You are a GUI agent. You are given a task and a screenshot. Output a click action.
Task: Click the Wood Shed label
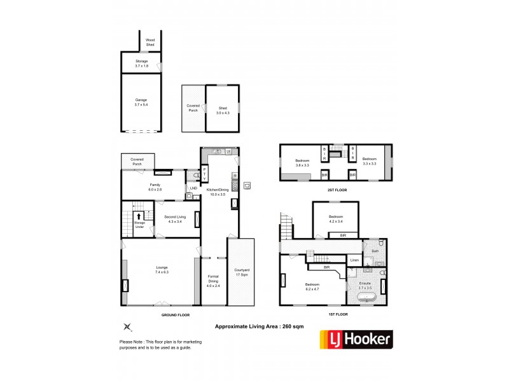pos(150,42)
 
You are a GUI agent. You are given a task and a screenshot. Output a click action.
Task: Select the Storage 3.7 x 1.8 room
pos(141,63)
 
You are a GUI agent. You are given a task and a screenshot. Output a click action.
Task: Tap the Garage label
pos(141,102)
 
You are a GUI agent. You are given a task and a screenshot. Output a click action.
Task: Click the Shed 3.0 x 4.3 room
pos(223,110)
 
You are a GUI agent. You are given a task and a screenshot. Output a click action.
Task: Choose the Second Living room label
pos(174,219)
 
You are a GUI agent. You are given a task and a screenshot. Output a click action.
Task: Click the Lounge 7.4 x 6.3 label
pos(162,270)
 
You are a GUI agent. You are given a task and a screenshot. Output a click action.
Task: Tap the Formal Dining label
pos(213,281)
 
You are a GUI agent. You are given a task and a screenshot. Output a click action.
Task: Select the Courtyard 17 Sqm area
pos(241,271)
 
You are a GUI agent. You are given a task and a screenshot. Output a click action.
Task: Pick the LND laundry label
pos(193,189)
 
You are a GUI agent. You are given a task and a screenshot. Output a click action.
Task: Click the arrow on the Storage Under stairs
pos(138,215)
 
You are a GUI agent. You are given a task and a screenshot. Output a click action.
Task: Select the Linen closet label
pos(354,261)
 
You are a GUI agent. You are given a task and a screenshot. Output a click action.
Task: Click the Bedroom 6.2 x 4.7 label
pos(313,286)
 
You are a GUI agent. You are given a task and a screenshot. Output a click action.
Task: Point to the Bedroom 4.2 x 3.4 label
pos(336,219)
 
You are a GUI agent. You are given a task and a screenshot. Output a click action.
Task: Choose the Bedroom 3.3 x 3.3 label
pos(370,161)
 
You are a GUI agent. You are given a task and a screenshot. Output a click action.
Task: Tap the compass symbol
pos(127,327)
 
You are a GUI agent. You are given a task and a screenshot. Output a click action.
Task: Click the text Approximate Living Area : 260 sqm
pos(256,326)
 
